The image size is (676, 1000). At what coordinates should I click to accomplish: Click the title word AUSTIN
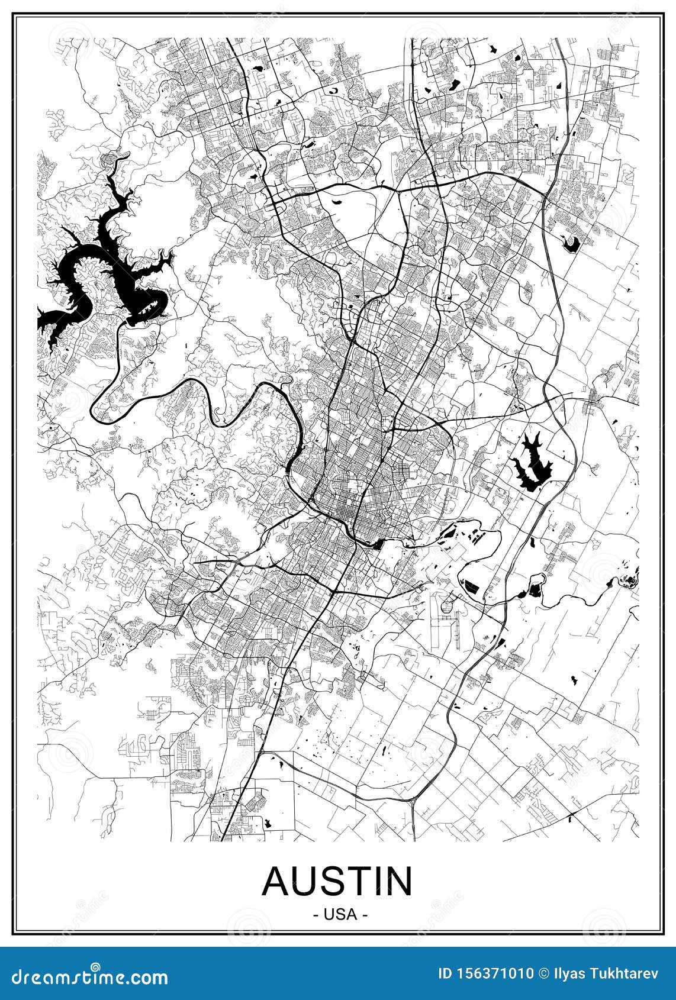click(337, 882)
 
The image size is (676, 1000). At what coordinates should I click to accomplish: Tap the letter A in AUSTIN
click(276, 882)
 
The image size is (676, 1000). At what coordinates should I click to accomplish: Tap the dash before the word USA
click(315, 915)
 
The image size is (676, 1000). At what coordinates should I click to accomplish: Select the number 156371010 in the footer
click(493, 974)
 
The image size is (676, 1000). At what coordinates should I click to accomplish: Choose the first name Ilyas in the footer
click(571, 974)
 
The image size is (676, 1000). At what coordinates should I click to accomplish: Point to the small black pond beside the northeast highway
click(571, 243)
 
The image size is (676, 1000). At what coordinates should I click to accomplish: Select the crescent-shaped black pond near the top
click(333, 91)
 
